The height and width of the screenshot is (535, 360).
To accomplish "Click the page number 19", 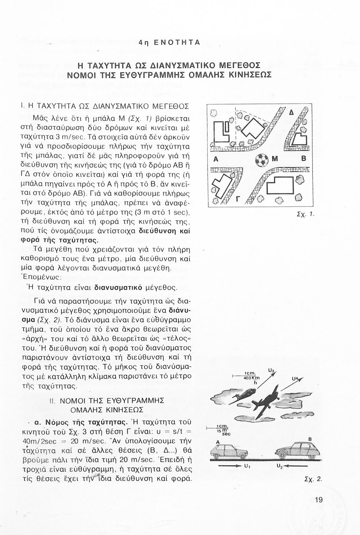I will click(x=319, y=500).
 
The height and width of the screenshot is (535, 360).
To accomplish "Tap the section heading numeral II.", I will click(x=51, y=401).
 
